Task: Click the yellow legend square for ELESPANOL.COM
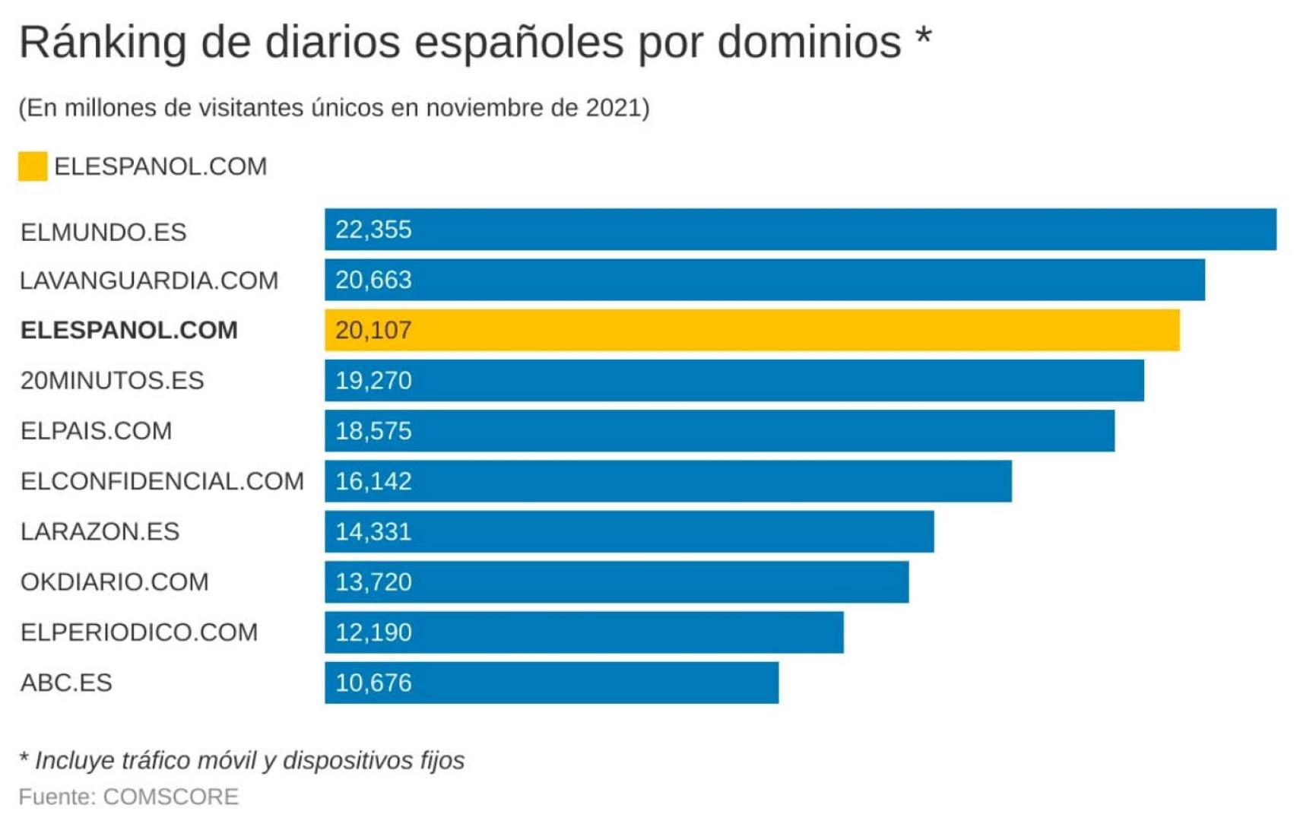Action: [x=33, y=166]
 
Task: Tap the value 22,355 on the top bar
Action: [x=373, y=230]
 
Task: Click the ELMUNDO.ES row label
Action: [x=103, y=232]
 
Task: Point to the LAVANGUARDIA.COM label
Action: [x=149, y=280]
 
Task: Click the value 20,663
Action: [x=373, y=280]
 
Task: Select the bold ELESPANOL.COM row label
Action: [x=129, y=330]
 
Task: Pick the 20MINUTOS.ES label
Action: [x=113, y=380]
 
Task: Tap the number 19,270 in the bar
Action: [x=373, y=380]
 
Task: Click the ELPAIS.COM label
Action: [x=97, y=431]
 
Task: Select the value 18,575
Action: [x=373, y=431]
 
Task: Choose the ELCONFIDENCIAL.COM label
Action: [x=162, y=481]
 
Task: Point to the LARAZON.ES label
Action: [x=100, y=531]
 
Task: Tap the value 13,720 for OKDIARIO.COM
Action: [x=373, y=581]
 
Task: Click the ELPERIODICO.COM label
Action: [x=139, y=632]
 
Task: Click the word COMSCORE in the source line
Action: [x=170, y=797]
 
